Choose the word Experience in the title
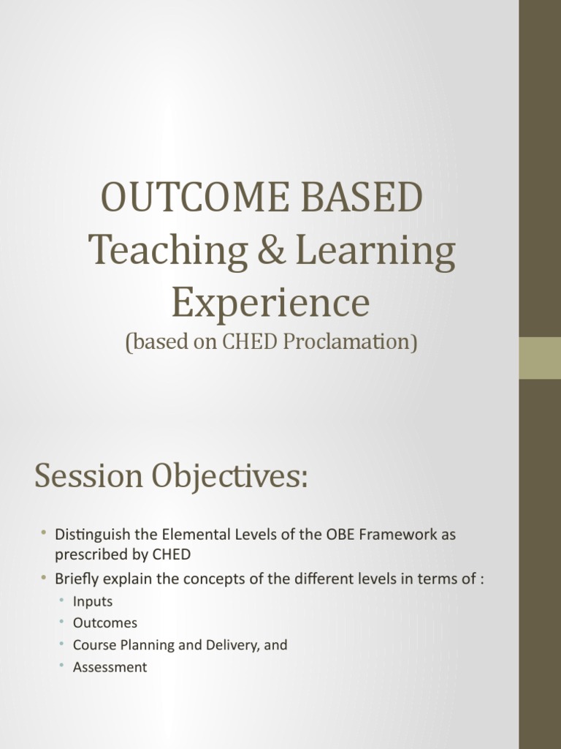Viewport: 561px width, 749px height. tap(270, 303)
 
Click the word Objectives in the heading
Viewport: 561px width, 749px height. tap(229, 478)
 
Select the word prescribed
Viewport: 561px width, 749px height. tap(91, 554)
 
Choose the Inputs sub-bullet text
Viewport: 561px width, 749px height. tap(93, 602)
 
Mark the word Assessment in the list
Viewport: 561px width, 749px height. tap(110, 667)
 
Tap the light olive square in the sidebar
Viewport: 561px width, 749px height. tap(540, 358)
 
